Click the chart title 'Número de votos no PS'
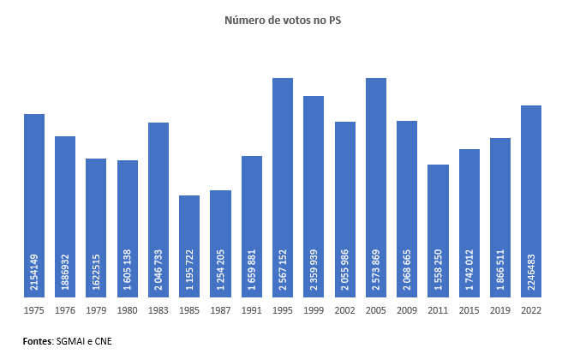coord(280,19)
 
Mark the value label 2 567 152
coord(284,268)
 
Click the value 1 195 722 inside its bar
coord(190,268)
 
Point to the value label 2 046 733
coord(158,268)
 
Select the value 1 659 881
coord(252,268)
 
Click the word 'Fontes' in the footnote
coord(37,341)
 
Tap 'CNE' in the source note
coord(102,341)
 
